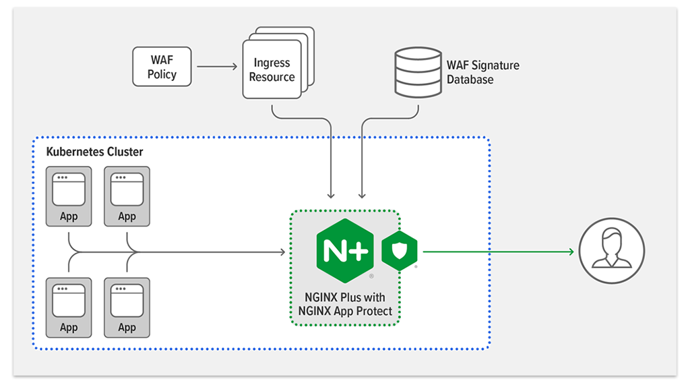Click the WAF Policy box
(x=162, y=67)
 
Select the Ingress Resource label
(x=272, y=70)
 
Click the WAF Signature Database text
(x=482, y=72)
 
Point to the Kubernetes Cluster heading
(x=94, y=152)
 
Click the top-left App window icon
(x=69, y=189)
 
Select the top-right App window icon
(x=127, y=189)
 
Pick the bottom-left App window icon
(x=69, y=300)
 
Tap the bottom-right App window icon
(x=127, y=300)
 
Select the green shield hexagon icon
(x=400, y=252)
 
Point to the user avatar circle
(x=612, y=252)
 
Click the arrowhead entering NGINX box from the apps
(x=282, y=252)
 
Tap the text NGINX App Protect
(x=345, y=311)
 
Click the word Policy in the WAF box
(x=162, y=74)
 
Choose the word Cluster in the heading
(x=125, y=152)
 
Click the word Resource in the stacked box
(x=272, y=77)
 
